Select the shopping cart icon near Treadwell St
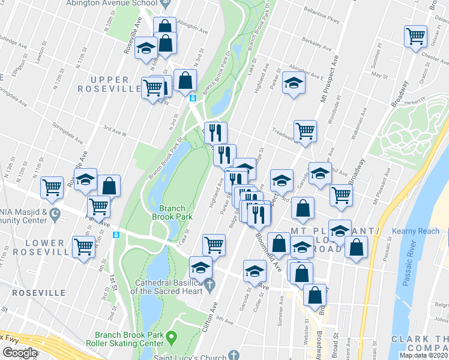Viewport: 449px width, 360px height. pyautogui.click(x=306, y=130)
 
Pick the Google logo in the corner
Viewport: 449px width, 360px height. pyautogui.click(x=20, y=353)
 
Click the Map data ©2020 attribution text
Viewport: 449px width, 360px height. pyautogui.click(x=424, y=355)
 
